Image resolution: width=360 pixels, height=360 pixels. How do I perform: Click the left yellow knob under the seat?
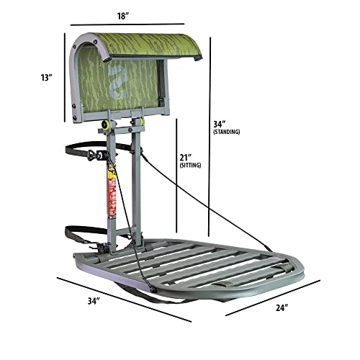coord(106,123)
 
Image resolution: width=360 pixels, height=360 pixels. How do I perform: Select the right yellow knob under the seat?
coord(142,121)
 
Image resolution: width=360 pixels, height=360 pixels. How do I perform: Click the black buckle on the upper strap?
coord(94,155)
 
